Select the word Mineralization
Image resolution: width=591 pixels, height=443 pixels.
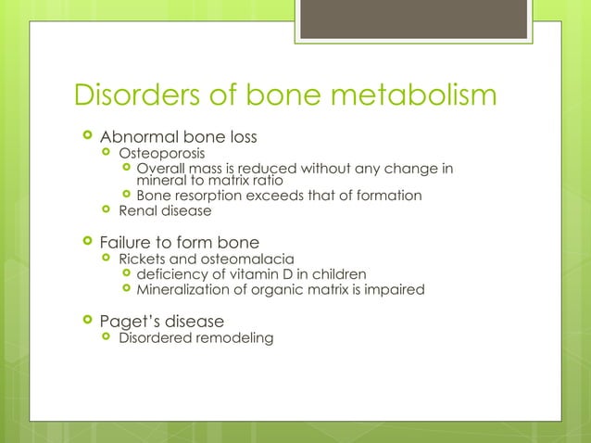(181, 290)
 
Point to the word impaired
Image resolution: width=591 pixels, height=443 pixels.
(396, 290)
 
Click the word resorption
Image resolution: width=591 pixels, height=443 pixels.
(207, 196)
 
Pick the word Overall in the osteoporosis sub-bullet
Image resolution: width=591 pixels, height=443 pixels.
(159, 169)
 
